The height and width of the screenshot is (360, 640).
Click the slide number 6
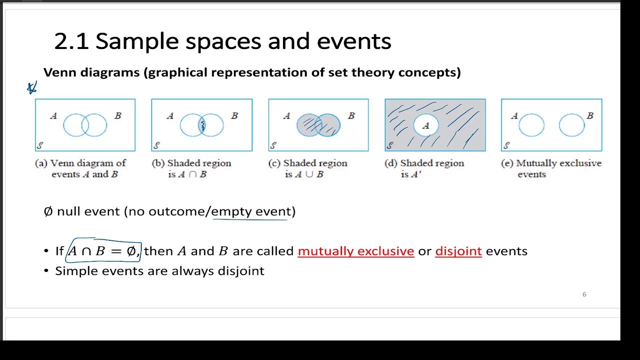pos(584,294)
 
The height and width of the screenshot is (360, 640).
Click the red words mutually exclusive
pos(355,251)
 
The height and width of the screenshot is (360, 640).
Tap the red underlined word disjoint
pos(458,251)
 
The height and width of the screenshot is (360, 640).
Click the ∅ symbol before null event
pos(48,211)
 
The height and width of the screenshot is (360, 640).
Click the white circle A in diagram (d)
pos(425,125)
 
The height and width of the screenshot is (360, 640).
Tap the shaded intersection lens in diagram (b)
pos(202,125)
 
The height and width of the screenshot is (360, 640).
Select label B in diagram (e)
pos(590,116)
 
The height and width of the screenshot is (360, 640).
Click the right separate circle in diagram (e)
pos(571,125)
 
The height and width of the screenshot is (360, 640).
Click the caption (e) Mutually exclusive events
pos(551,168)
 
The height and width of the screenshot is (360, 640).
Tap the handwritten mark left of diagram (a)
pos(32,88)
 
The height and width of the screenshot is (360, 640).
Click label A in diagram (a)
pos(53,116)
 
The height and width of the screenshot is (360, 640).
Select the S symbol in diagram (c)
pos(273,145)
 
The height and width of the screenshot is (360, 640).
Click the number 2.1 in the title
pos(71,41)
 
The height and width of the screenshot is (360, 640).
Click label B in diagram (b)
pos(234,116)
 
